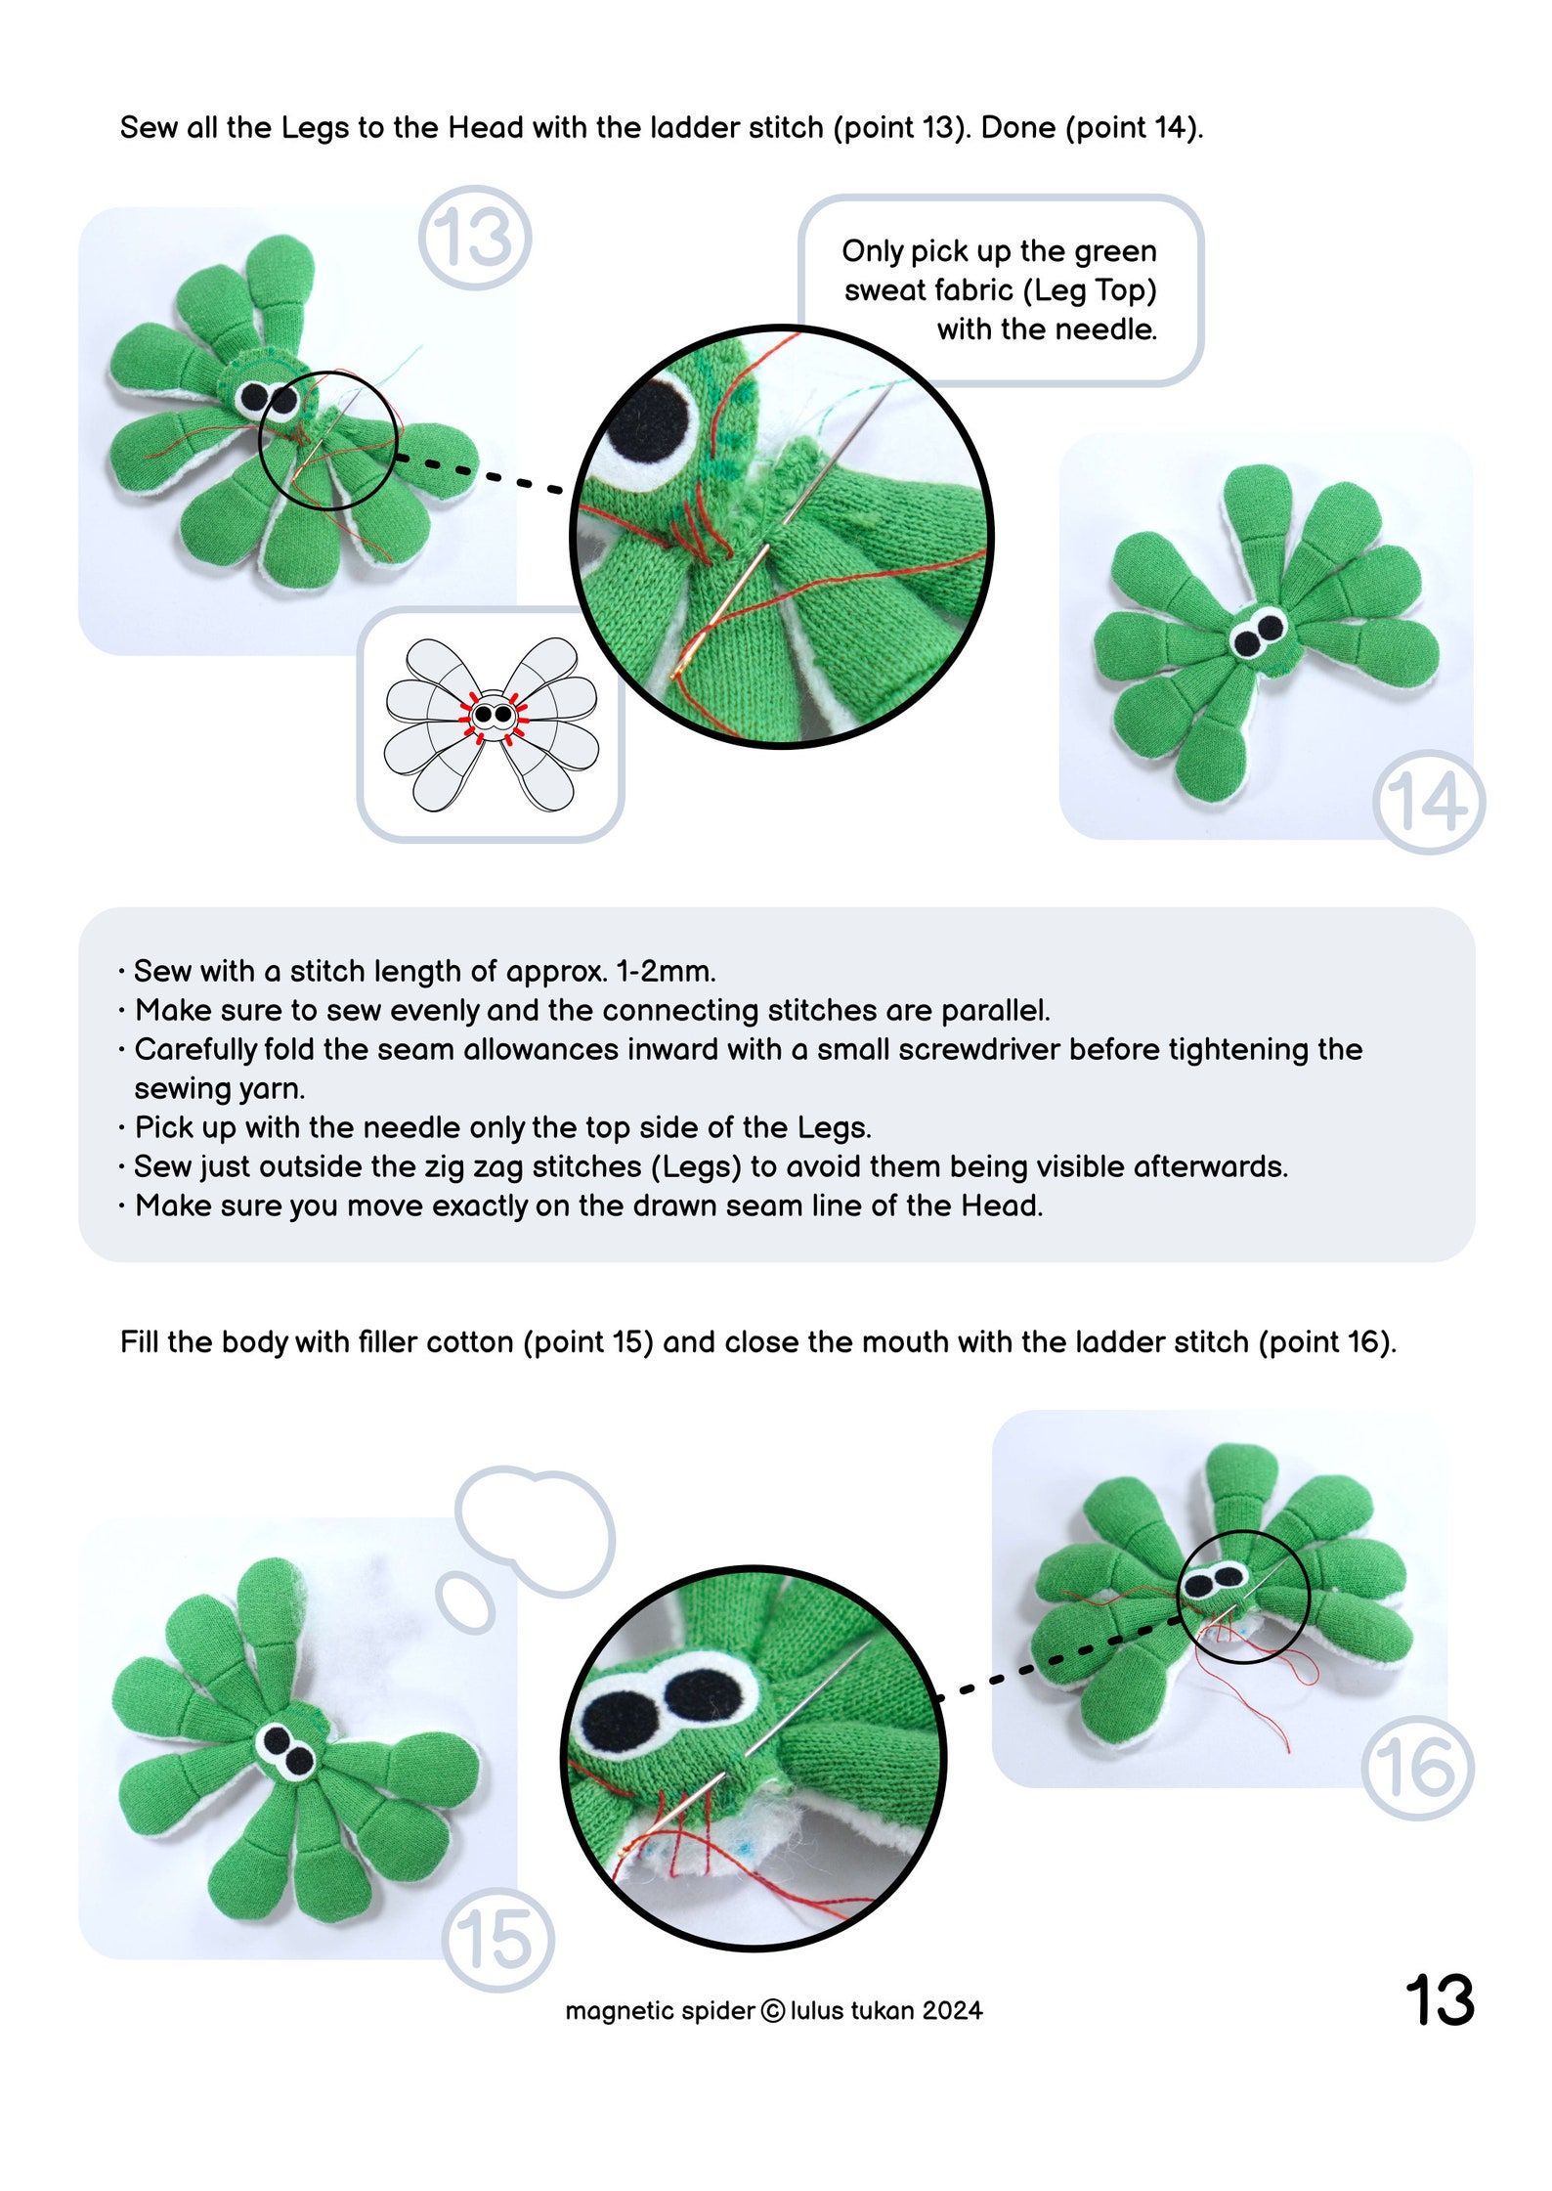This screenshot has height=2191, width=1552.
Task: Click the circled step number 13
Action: (x=474, y=238)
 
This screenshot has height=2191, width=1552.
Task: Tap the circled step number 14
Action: (x=1428, y=802)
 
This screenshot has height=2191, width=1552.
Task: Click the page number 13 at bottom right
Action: (x=1439, y=2000)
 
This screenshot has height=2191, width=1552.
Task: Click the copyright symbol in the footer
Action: (x=772, y=2011)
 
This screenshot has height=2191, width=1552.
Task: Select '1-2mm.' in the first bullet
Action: (x=666, y=971)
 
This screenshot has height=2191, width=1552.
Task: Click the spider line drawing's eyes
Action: (x=493, y=715)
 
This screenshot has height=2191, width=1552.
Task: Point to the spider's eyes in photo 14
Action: (x=1258, y=634)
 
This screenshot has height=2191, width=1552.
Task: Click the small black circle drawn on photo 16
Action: (x=1243, y=1597)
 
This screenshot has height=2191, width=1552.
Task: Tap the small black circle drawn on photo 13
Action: (x=327, y=440)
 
